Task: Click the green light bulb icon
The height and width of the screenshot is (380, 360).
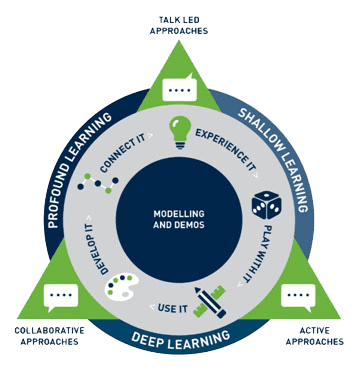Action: tap(180, 132)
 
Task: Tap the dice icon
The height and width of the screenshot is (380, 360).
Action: tap(266, 205)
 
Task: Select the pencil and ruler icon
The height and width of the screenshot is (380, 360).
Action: tap(210, 302)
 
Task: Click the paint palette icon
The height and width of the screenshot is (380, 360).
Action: tap(122, 285)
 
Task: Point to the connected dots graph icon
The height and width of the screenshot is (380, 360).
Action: tap(98, 183)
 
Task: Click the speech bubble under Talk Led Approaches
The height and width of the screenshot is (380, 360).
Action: tap(180, 87)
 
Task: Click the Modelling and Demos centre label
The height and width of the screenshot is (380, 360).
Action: tap(179, 219)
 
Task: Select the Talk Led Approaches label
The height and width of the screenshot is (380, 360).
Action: tap(179, 25)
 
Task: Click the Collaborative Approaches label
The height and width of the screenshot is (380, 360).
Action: tap(49, 336)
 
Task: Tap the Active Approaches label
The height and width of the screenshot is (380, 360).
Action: tap(315, 336)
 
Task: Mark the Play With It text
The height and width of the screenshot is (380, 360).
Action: tap(256, 254)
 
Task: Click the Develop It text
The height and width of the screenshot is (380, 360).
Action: tap(97, 249)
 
